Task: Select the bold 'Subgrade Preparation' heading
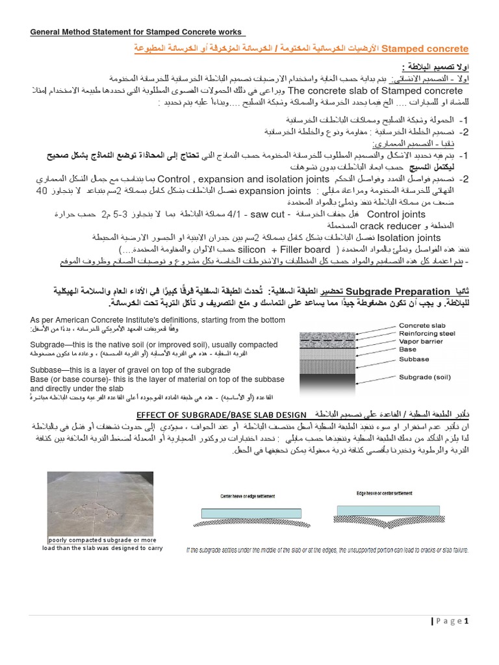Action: point(398,292)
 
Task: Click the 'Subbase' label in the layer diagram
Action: point(413,359)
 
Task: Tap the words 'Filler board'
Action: point(303,249)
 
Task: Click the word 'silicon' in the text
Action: point(253,249)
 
